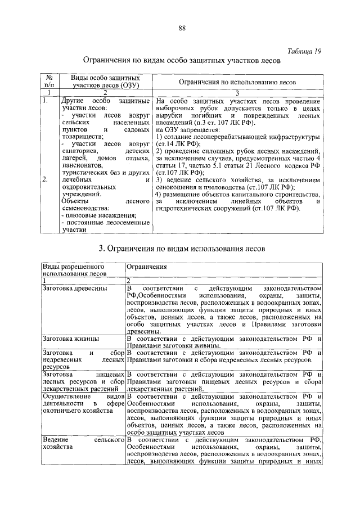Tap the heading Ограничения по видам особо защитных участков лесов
[x=181, y=60]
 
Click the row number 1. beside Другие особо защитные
[x=46, y=100]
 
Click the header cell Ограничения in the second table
[x=147, y=266]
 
